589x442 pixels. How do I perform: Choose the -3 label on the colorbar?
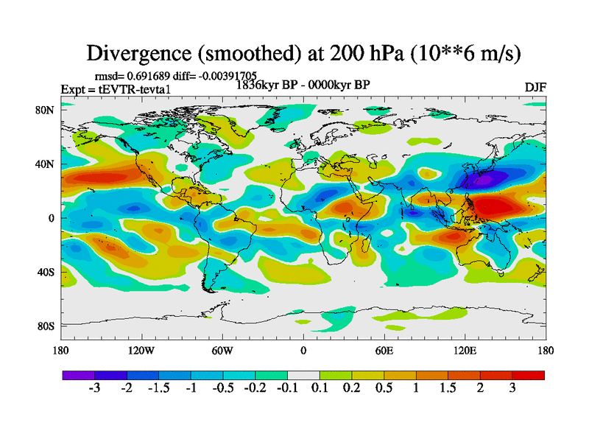[x=95, y=388]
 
